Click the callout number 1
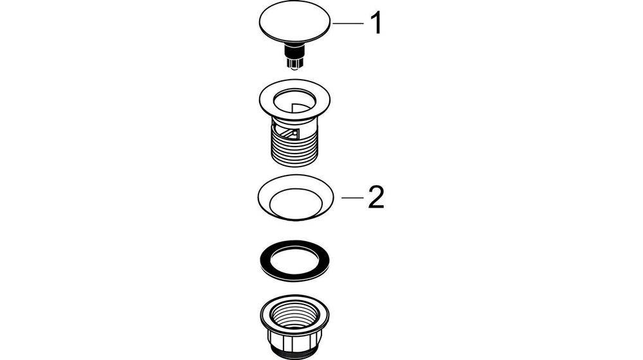[376, 23]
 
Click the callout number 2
[376, 197]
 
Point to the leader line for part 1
[348, 23]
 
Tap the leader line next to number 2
[352, 197]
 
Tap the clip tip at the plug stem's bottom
[295, 64]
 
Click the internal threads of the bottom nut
[295, 313]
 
